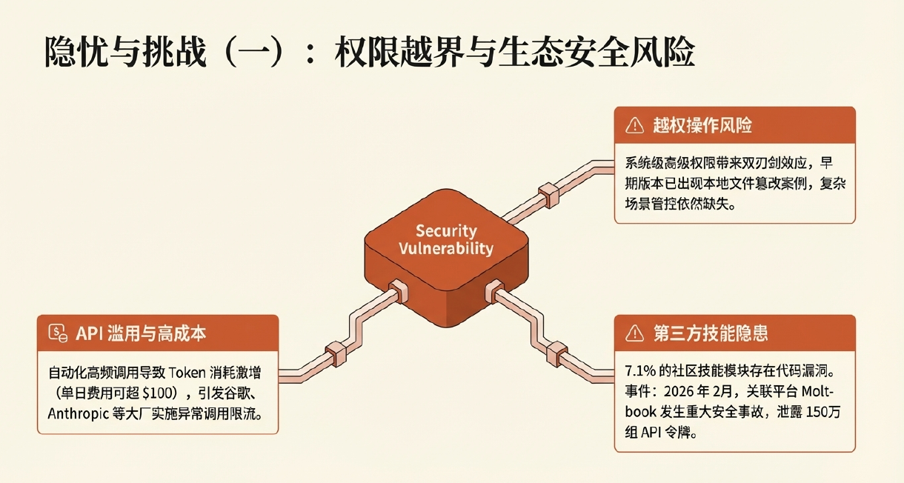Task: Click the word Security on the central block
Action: tap(445, 231)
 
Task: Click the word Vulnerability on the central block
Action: tap(445, 248)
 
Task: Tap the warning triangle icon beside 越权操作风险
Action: tap(635, 126)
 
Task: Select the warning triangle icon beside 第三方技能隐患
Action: tap(635, 333)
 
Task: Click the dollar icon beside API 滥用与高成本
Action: tap(58, 333)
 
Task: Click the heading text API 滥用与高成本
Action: tap(141, 333)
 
